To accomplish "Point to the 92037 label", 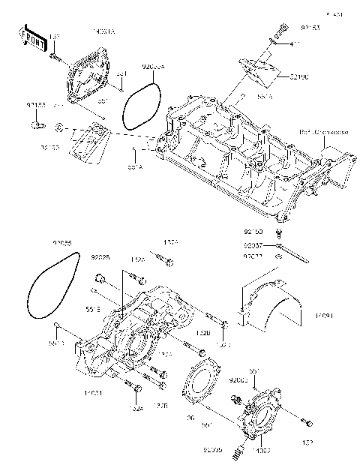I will coord(253,245).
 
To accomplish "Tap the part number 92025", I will coord(100,257).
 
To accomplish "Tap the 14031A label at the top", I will coord(103,31).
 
